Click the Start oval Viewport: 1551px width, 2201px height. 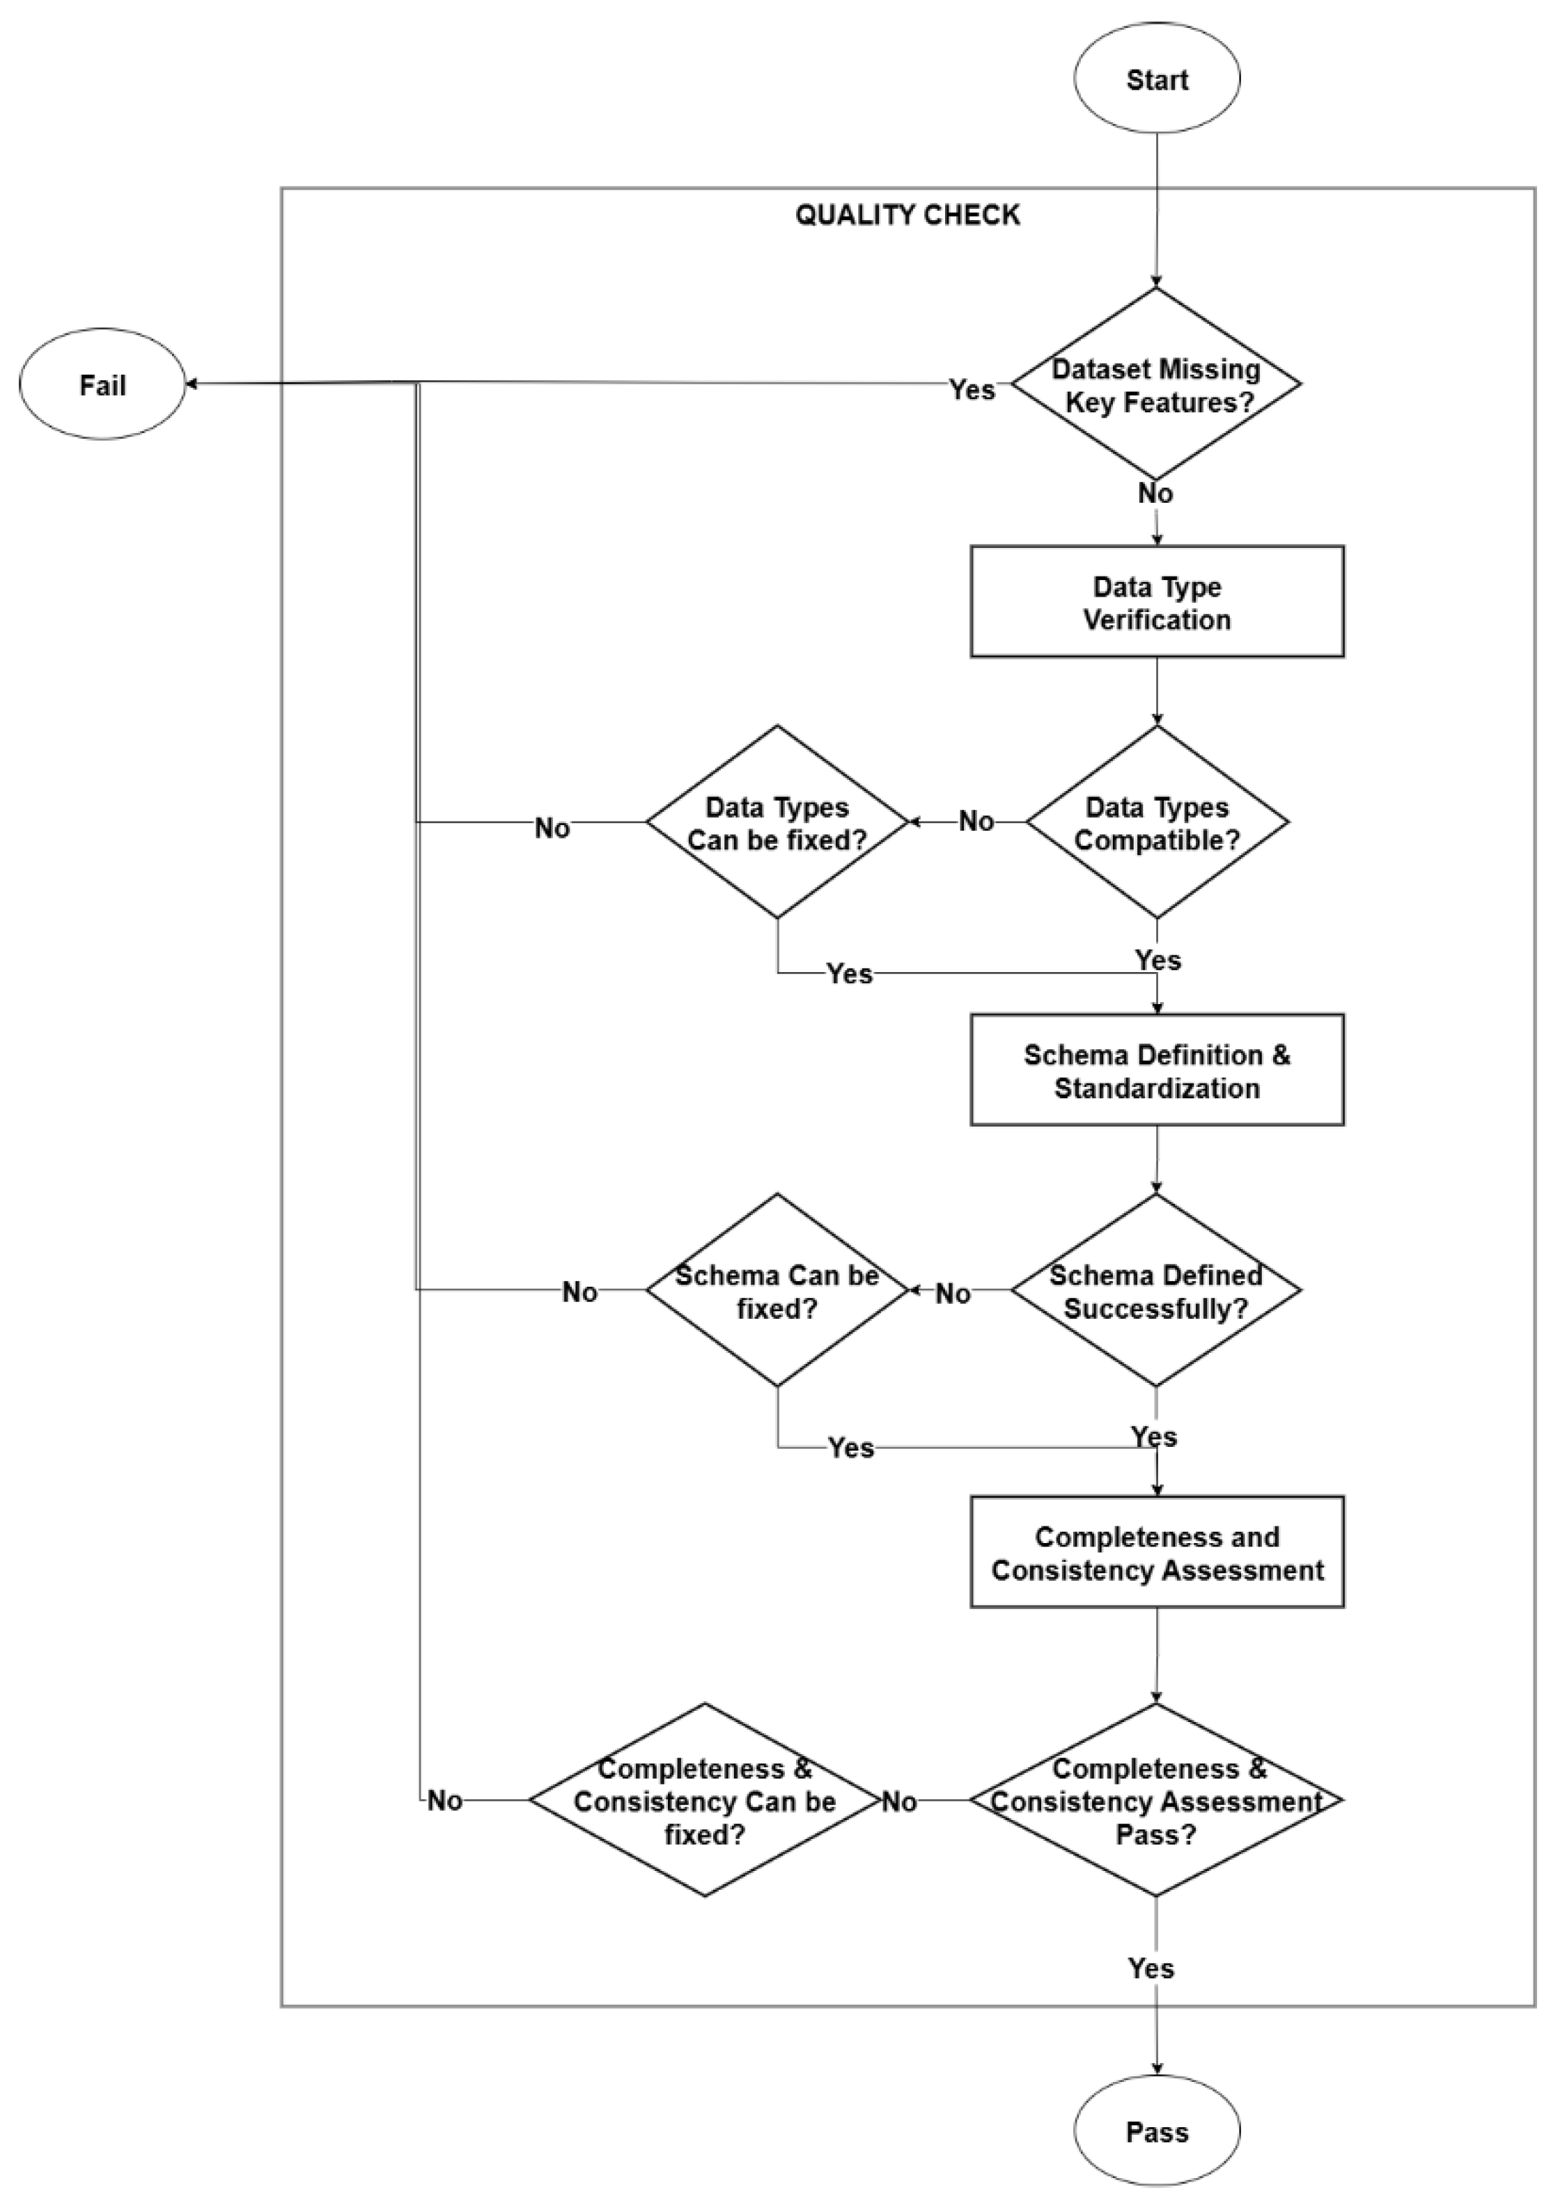pos(1156,79)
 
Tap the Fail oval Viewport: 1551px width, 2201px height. pos(102,384)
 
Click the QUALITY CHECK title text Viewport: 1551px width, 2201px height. pos(907,214)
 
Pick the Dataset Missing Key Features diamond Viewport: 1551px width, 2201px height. pos(1156,384)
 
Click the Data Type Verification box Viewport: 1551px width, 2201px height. pos(1156,602)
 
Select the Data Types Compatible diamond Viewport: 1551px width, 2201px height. pos(1156,822)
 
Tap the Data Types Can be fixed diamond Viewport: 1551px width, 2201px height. pos(777,822)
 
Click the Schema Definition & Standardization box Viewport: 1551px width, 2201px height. pos(1156,1070)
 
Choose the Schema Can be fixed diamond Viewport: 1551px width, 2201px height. pos(777,1290)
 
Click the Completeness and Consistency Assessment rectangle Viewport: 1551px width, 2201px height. pos(1156,1552)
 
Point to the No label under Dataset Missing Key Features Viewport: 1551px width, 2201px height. pos(1155,494)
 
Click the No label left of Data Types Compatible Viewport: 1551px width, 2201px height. pos(976,822)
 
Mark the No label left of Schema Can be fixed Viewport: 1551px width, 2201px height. pos(580,1292)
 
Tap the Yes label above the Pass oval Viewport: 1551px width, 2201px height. pos(1151,1968)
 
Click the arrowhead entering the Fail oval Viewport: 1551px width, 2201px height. pos(191,384)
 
